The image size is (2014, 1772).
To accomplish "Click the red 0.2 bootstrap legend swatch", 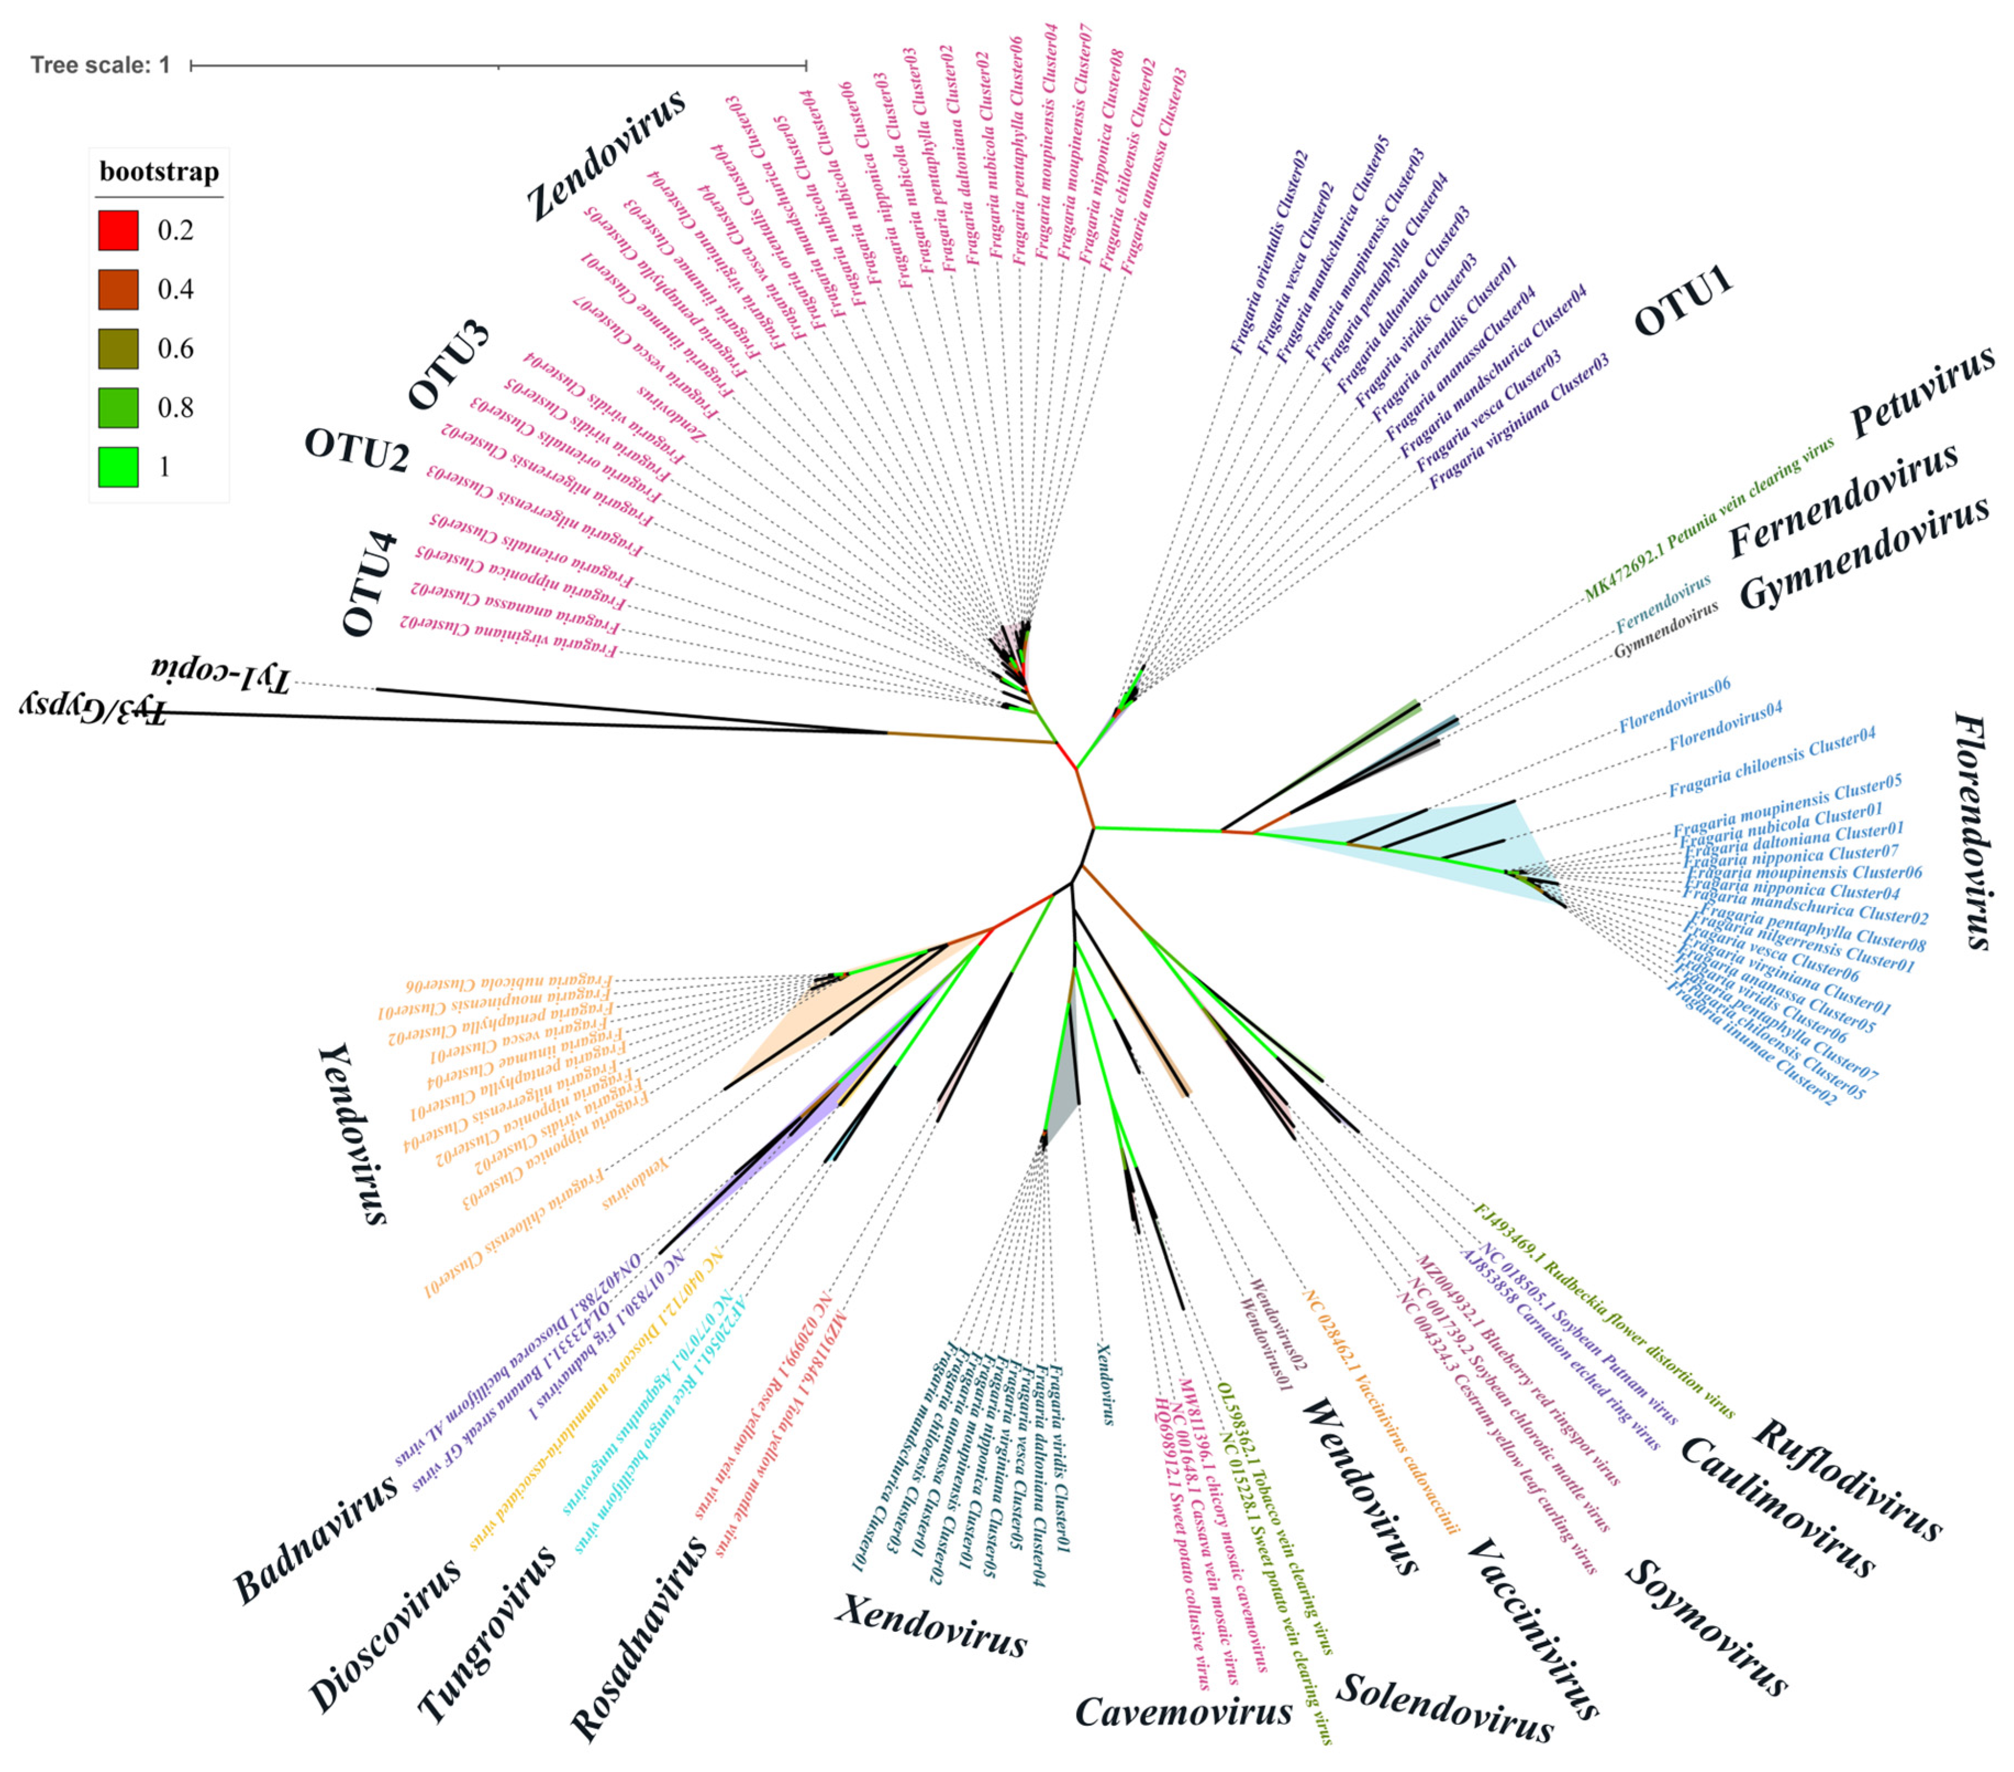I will [118, 230].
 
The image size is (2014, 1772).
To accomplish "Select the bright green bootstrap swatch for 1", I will [118, 466].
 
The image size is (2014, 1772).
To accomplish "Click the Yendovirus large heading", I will [352, 1133].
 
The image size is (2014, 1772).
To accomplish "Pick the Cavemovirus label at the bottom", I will [1182, 1712].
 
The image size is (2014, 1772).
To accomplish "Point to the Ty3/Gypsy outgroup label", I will [93, 707].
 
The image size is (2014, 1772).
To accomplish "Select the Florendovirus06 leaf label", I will [1675, 705].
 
